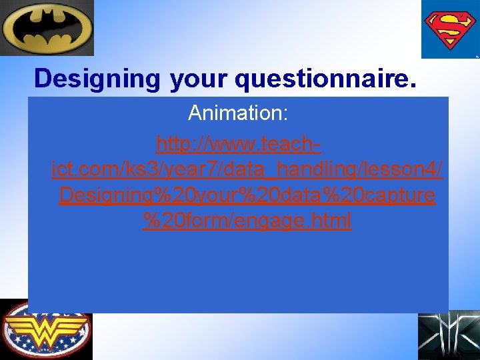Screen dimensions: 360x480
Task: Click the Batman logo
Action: [x=47, y=28]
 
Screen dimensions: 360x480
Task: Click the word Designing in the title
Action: [x=97, y=79]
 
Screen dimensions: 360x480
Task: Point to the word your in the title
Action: [x=199, y=79]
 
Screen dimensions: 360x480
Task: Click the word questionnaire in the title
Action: [x=325, y=79]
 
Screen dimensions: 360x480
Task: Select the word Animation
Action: [x=235, y=113]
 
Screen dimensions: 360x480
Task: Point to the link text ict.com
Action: [x=88, y=170]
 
